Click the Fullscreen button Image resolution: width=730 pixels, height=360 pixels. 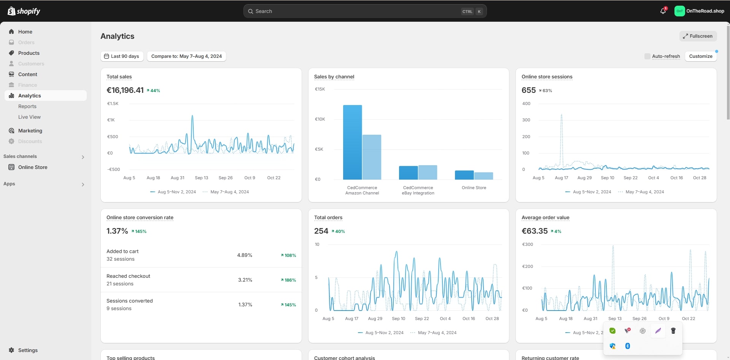(698, 36)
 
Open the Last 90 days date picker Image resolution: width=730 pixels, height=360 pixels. (122, 56)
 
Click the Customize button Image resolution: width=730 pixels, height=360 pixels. (700, 56)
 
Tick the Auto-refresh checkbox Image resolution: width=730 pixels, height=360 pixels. (647, 56)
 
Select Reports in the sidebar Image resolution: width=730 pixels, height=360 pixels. (27, 107)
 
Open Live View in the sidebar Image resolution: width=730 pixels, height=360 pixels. (29, 117)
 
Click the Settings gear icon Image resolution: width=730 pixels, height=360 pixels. (11, 350)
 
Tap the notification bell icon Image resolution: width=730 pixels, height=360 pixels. (663, 11)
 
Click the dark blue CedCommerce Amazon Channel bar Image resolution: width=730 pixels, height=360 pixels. (352, 142)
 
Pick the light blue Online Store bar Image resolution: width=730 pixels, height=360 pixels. (483, 176)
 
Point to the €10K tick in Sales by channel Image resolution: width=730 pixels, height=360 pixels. (320, 119)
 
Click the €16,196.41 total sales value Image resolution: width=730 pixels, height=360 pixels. (125, 91)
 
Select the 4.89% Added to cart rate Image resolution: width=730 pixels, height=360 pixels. (245, 255)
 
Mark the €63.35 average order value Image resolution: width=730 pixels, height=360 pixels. (534, 231)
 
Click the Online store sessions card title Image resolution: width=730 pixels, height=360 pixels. (547, 77)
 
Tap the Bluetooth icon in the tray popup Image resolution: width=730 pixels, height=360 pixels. (628, 346)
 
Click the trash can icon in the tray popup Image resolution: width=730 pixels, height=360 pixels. (673, 331)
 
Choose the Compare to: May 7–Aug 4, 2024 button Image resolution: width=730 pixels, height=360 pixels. (186, 56)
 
